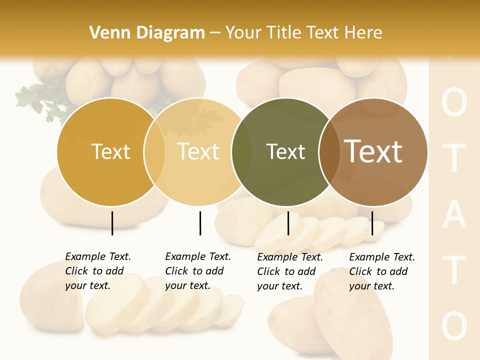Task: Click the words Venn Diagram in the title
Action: click(x=147, y=33)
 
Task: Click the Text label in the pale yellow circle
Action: click(x=198, y=151)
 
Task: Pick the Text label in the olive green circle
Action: click(x=285, y=151)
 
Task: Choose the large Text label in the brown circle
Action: click(x=373, y=151)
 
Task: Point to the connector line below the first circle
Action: click(x=112, y=223)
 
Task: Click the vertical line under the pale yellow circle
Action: click(x=200, y=223)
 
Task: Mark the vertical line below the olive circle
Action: click(x=288, y=223)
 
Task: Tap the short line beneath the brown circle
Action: click(x=372, y=223)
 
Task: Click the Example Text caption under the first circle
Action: click(x=97, y=271)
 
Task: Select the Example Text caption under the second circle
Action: click(x=197, y=271)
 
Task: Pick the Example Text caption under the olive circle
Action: click(x=289, y=271)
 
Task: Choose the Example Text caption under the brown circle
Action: click(x=381, y=271)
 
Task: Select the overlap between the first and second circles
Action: click(x=154, y=152)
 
